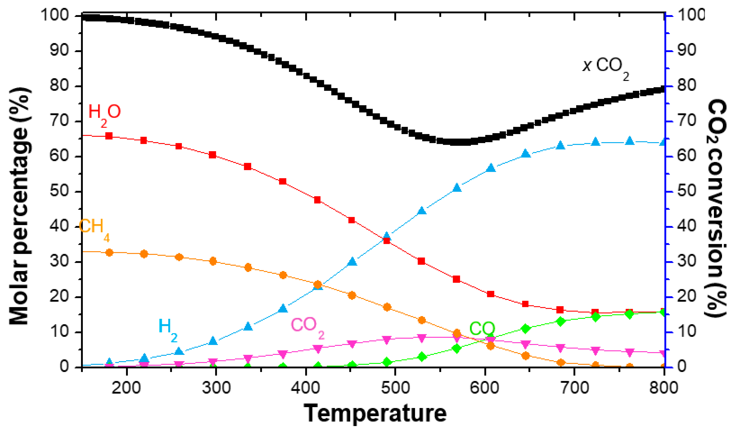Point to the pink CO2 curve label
(307, 327)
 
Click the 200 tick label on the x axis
(126, 388)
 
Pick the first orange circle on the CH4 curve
(109, 253)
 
